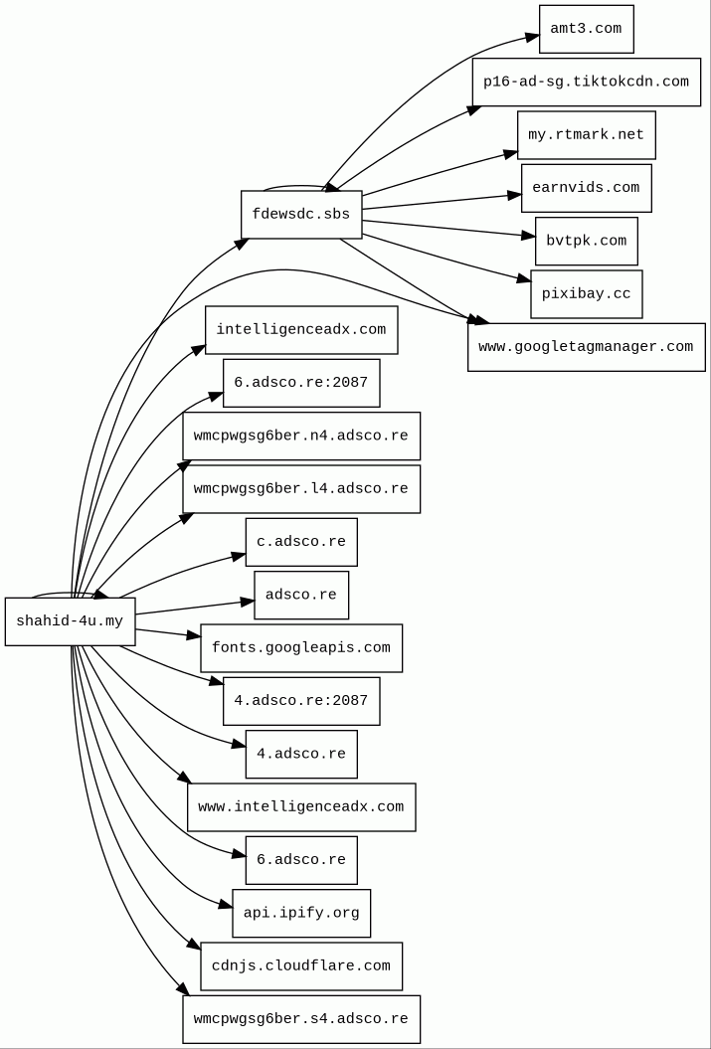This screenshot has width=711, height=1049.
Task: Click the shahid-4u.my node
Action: [70, 621]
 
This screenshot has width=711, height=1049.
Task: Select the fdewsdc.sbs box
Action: [301, 215]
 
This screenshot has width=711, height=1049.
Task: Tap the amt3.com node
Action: [586, 29]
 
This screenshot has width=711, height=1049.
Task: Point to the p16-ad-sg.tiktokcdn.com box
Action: [586, 83]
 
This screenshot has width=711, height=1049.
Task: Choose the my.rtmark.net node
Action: [586, 135]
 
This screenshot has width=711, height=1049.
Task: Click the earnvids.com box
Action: [586, 188]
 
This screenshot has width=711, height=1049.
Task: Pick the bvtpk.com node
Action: [586, 242]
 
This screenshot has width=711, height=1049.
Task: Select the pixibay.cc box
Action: [586, 294]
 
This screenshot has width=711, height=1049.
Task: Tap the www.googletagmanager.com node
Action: [586, 347]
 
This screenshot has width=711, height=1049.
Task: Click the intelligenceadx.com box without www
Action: [301, 330]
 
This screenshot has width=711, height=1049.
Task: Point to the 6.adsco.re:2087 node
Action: [301, 383]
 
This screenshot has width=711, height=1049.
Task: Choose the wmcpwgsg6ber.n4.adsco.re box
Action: [301, 437]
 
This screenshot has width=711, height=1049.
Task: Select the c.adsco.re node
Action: [301, 542]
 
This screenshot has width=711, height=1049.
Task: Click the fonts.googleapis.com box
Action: [301, 648]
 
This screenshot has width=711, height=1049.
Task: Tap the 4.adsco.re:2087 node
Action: [301, 701]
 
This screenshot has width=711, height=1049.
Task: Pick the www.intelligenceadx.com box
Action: [301, 807]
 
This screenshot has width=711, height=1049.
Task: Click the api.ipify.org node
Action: [301, 913]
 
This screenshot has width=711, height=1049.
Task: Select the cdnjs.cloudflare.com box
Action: [301, 966]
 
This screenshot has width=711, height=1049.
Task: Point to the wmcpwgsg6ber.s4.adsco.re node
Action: [301, 1019]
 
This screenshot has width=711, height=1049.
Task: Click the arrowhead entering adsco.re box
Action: [248, 602]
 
